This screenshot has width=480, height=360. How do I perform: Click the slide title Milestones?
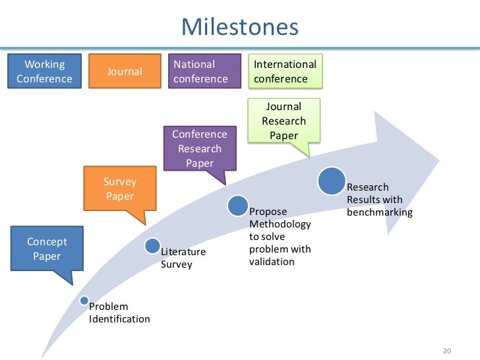pyautogui.click(x=239, y=27)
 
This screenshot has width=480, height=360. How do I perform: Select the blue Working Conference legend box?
pyautogui.click(x=44, y=72)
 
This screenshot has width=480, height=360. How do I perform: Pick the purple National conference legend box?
pyautogui.click(x=200, y=72)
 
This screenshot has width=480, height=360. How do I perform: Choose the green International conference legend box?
pyautogui.click(x=285, y=72)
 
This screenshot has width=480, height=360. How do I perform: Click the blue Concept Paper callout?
pyautogui.click(x=47, y=249)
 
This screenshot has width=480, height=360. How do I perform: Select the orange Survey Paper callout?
pyautogui.click(x=119, y=189)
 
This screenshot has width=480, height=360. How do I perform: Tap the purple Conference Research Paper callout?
pyautogui.click(x=199, y=148)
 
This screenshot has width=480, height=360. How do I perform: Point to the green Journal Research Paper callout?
pyautogui.click(x=284, y=121)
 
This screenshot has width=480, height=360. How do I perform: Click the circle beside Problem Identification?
pyautogui.click(x=84, y=301)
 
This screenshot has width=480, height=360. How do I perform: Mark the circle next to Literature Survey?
pyautogui.click(x=152, y=247)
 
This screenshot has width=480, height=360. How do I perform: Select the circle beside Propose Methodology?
pyautogui.click(x=238, y=206)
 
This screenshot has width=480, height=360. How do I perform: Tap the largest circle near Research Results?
pyautogui.click(x=332, y=181)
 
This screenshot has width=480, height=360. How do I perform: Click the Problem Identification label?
pyautogui.click(x=119, y=313)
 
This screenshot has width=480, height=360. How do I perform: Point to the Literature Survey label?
pyautogui.click(x=183, y=258)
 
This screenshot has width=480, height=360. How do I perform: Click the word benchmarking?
pyautogui.click(x=379, y=212)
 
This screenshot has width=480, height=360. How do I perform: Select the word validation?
pyautogui.click(x=272, y=262)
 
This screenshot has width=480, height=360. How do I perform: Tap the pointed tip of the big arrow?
pyautogui.click(x=438, y=160)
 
